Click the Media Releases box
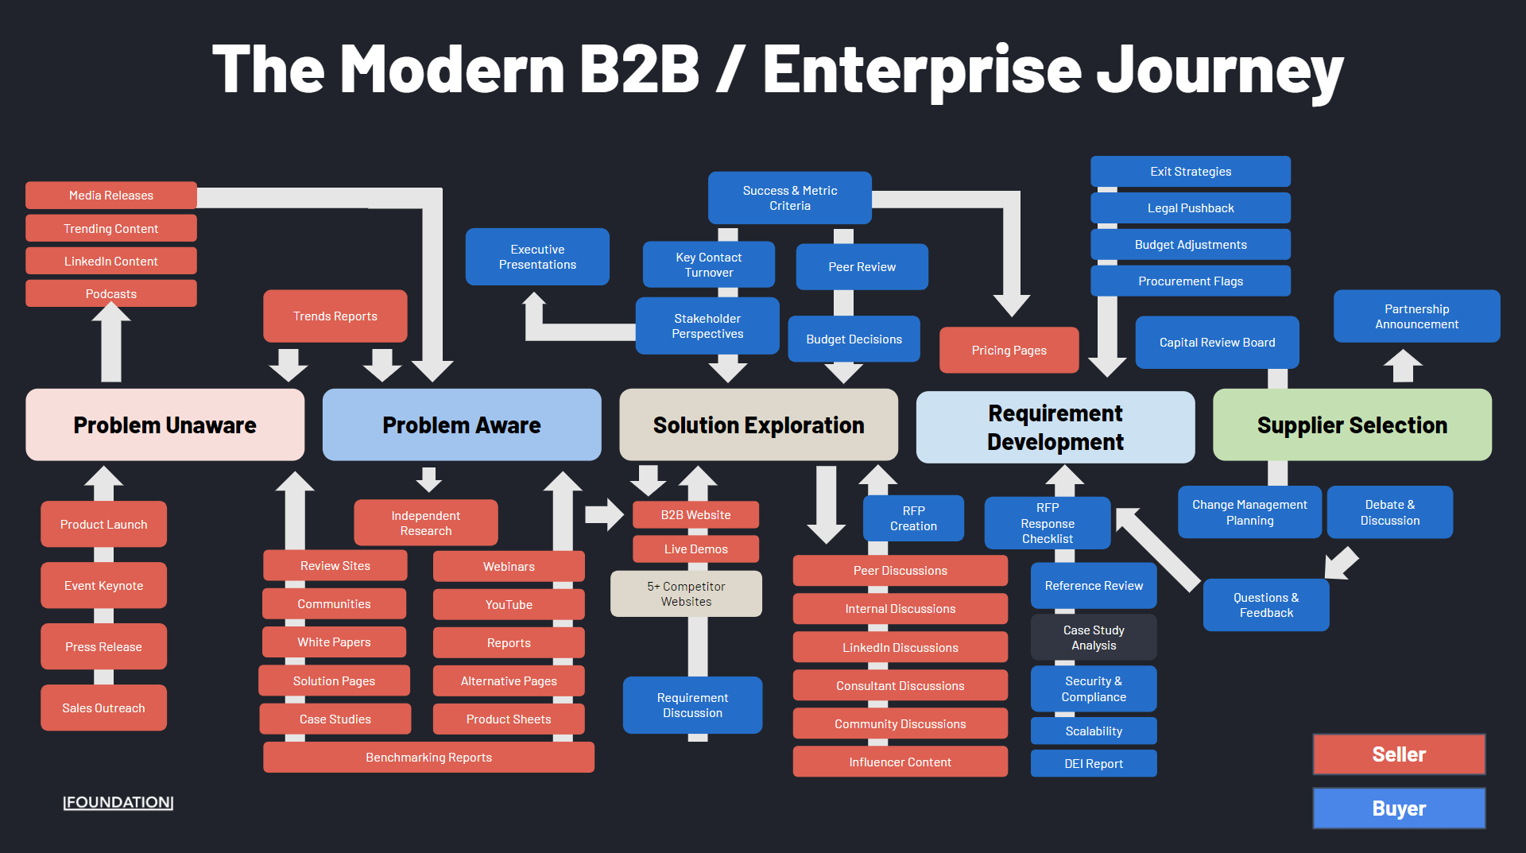[x=111, y=195]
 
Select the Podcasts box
[x=111, y=293]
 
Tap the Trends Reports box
[x=335, y=316]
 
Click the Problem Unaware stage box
[x=165, y=425]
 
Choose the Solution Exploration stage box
[x=759, y=425]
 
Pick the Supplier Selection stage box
[x=1353, y=425]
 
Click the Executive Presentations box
[x=537, y=257]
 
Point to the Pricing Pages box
[x=1009, y=350]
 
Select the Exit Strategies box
[x=1191, y=171]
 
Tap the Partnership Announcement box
[x=1417, y=316]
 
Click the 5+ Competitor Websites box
[x=687, y=594]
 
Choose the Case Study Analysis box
[x=1094, y=637]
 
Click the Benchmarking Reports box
[x=429, y=757]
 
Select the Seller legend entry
[x=1400, y=754]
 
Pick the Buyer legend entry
[x=1400, y=808]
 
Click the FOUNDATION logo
[x=118, y=802]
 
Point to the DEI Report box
[x=1094, y=763]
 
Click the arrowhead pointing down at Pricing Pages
[x=1012, y=306]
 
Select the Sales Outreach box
[x=104, y=708]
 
